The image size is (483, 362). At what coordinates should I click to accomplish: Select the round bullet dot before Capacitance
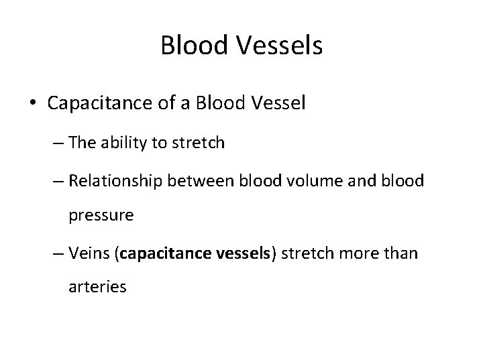[x=34, y=105]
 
